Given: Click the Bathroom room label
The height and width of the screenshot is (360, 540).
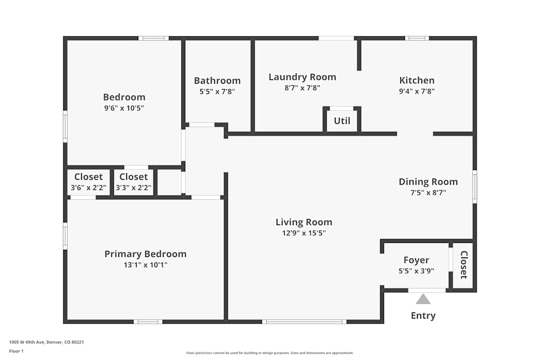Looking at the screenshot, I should [217, 81].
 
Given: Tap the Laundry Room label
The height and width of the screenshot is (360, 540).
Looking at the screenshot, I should [302, 77].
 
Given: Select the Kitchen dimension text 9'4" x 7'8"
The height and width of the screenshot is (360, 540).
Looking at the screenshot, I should [416, 92].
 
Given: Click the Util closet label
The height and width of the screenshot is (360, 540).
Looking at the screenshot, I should [342, 121].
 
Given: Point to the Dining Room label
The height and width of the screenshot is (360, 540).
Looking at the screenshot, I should [428, 182].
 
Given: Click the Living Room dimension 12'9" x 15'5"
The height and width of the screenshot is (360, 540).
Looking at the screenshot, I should [303, 233].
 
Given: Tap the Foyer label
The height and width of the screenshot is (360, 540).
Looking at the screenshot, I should [416, 261].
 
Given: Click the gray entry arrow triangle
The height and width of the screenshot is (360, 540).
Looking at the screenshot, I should [423, 299].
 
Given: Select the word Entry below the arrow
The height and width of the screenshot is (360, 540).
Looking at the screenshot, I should [423, 316].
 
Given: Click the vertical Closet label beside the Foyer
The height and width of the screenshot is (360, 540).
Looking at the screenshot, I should [463, 265].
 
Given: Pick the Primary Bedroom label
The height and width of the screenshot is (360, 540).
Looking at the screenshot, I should [145, 254].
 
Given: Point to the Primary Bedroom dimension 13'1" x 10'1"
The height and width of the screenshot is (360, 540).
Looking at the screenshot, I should [145, 265].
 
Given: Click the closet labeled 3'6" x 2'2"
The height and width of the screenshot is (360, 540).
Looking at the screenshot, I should [89, 182].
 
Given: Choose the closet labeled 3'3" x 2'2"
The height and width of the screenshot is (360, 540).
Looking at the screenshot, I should [133, 182].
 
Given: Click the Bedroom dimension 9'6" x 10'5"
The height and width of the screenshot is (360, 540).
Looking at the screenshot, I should [124, 108].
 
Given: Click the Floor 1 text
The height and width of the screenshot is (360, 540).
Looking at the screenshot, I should [16, 351].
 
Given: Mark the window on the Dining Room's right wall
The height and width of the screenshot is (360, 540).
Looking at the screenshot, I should [475, 187].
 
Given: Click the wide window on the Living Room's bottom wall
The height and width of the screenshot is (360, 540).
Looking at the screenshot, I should [304, 322].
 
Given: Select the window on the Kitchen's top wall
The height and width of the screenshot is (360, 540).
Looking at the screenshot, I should [417, 38].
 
